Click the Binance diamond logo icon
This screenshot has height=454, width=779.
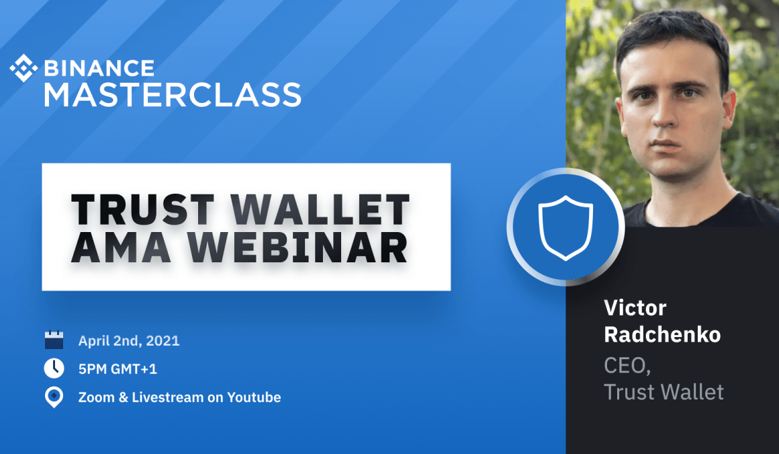[x=24, y=68]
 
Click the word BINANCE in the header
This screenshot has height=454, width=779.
[x=99, y=68]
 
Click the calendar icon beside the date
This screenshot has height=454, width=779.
[x=54, y=340]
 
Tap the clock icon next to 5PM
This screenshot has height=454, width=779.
[x=54, y=368]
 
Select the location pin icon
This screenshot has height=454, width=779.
[x=54, y=397]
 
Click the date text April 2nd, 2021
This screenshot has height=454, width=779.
[x=129, y=340]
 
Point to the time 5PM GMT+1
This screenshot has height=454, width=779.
[x=118, y=369]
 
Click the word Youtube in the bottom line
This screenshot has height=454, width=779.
[x=254, y=397]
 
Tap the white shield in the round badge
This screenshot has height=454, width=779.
[x=565, y=227]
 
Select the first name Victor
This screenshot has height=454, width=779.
[x=635, y=308]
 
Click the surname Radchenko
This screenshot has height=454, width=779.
[x=662, y=334]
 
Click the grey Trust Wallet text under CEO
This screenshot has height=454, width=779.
[x=663, y=392]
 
